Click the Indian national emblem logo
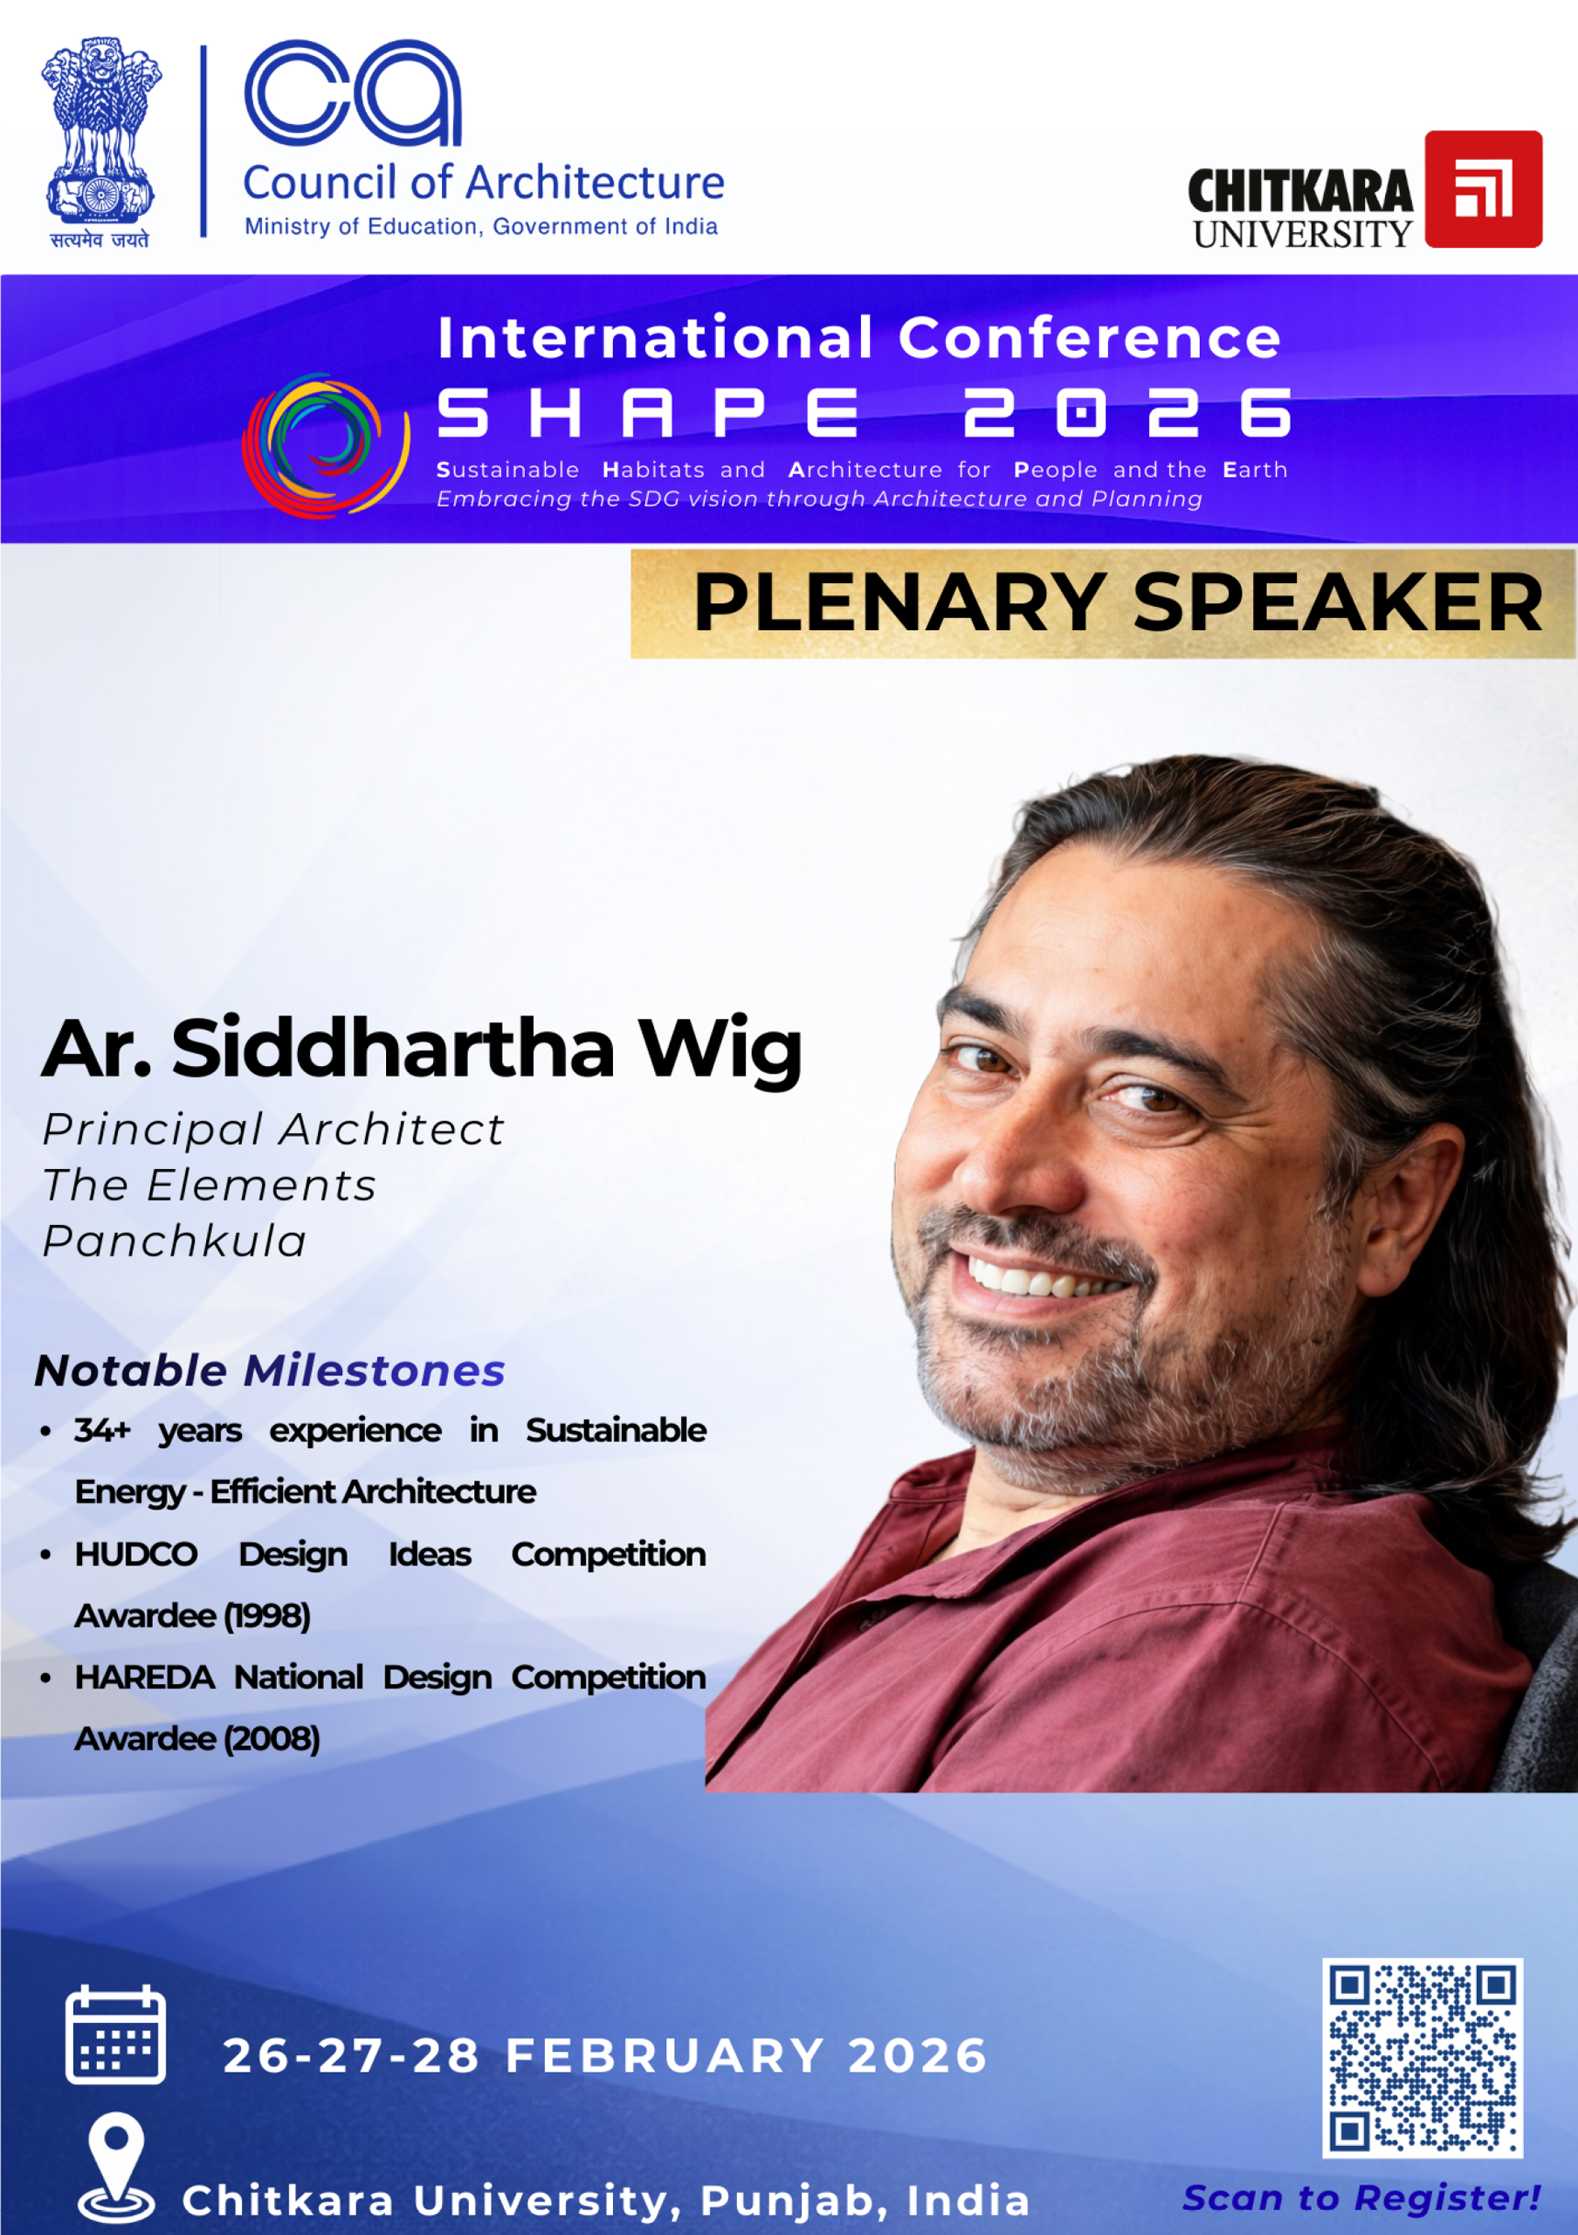[100, 142]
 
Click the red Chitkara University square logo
[1483, 189]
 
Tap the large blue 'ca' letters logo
[353, 93]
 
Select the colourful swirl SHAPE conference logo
[325, 445]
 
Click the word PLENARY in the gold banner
[899, 603]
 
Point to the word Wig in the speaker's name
[720, 1050]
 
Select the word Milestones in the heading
[374, 1371]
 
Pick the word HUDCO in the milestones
[136, 1555]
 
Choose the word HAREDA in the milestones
[145, 1677]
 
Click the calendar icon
[115, 2034]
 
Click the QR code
[1423, 2058]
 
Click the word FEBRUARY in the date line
[665, 2056]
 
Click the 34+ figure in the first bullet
[102, 1430]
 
